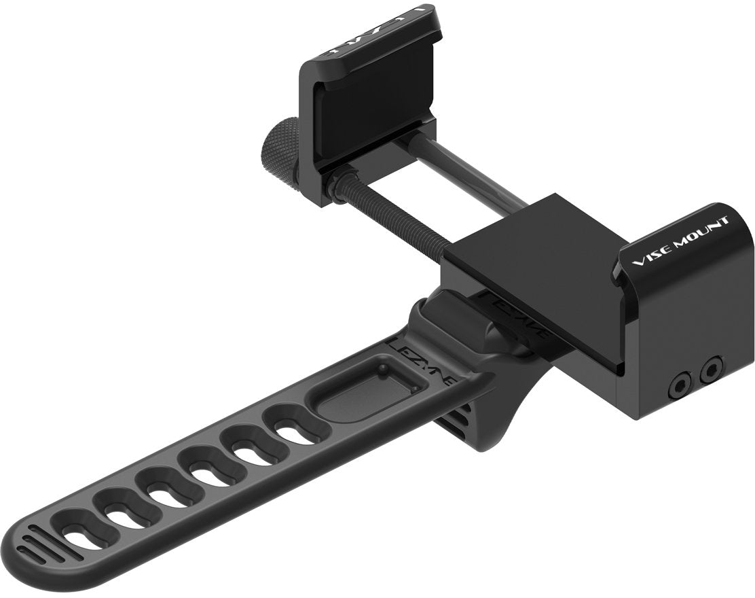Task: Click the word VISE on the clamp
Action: tap(651, 256)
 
